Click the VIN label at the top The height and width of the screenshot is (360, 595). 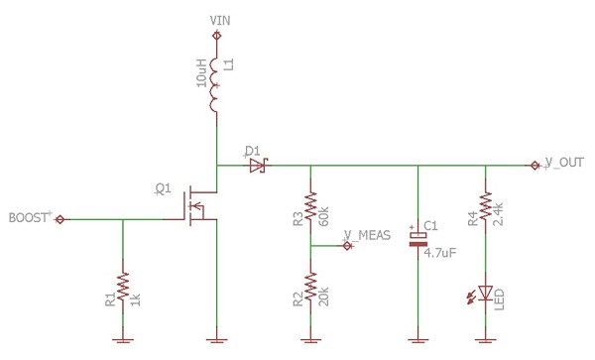[220, 21]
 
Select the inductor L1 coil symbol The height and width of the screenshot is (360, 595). [214, 85]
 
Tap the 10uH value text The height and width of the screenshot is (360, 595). [201, 73]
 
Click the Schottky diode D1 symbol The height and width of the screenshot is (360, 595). [259, 166]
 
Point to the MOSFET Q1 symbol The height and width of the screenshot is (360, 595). [197, 206]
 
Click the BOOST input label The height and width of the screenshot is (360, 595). [28, 218]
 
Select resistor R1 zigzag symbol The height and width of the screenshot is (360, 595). [123, 287]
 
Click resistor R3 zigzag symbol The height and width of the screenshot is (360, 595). [310, 206]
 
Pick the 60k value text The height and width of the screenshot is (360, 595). [323, 216]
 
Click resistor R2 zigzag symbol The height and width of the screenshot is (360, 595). [310, 287]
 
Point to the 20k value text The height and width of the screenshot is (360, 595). [323, 297]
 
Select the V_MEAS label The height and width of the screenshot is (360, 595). [367, 235]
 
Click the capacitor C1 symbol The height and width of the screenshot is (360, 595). [417, 239]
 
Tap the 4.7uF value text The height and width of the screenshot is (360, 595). [439, 253]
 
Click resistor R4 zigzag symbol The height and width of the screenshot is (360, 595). [485, 206]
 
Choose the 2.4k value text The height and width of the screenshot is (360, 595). [498, 214]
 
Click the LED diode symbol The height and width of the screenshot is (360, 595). [485, 294]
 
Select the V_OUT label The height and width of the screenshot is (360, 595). [564, 163]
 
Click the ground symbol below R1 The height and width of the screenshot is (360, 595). [123, 340]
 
